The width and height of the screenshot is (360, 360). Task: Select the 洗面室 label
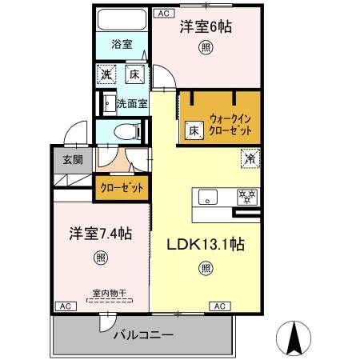click(x=131, y=103)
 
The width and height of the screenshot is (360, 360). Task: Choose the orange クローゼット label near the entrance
click(x=122, y=189)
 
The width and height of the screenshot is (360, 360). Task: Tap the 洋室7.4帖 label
click(x=98, y=234)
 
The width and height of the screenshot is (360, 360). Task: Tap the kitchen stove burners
click(x=246, y=196)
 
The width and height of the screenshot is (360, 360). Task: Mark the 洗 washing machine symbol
click(x=106, y=76)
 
